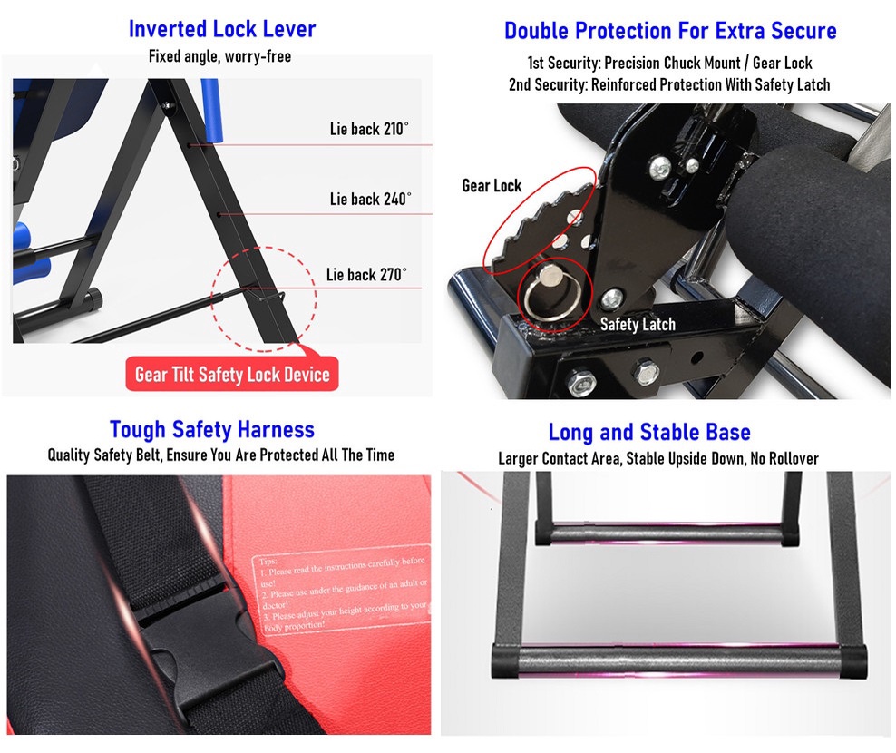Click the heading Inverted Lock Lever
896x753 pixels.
222,29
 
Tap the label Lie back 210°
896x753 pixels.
369,129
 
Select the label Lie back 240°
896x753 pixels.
370,199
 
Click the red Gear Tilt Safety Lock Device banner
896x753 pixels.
232,374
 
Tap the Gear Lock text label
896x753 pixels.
492,186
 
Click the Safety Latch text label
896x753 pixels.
638,324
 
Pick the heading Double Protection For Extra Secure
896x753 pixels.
670,31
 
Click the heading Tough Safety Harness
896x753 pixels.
212,429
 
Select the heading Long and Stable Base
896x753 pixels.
649,432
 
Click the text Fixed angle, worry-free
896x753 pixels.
220,57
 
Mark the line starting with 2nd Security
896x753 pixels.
669,84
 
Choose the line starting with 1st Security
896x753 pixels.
669,64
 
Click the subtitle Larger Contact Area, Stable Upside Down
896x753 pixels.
657,458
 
